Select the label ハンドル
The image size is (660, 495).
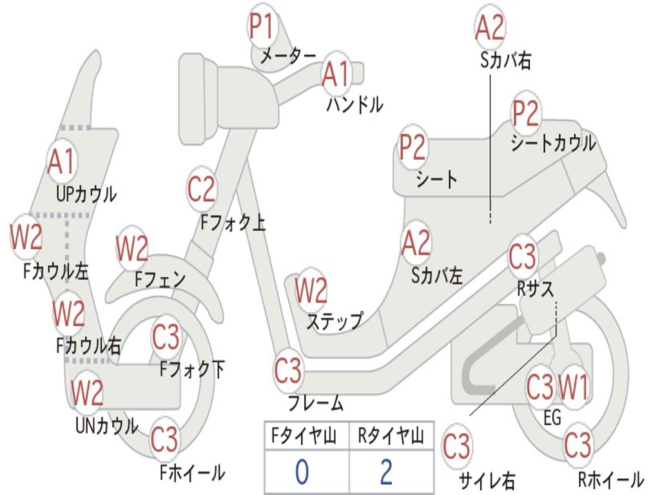[x=354, y=104]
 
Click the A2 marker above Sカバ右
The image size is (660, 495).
[x=489, y=28]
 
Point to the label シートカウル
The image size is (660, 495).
[x=553, y=143]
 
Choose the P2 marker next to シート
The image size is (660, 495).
[x=412, y=148]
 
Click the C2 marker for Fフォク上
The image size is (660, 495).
[x=202, y=189]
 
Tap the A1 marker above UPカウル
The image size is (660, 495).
[x=61, y=162]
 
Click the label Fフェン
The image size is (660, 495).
[x=160, y=279]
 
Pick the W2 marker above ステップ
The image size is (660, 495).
[x=311, y=291]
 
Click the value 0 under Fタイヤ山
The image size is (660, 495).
[x=302, y=472]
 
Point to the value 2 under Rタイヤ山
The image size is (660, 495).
[x=386, y=472]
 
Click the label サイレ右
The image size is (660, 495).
[x=487, y=480]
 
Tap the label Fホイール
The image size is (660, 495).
[x=192, y=472]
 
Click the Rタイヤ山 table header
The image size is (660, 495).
[x=391, y=437]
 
